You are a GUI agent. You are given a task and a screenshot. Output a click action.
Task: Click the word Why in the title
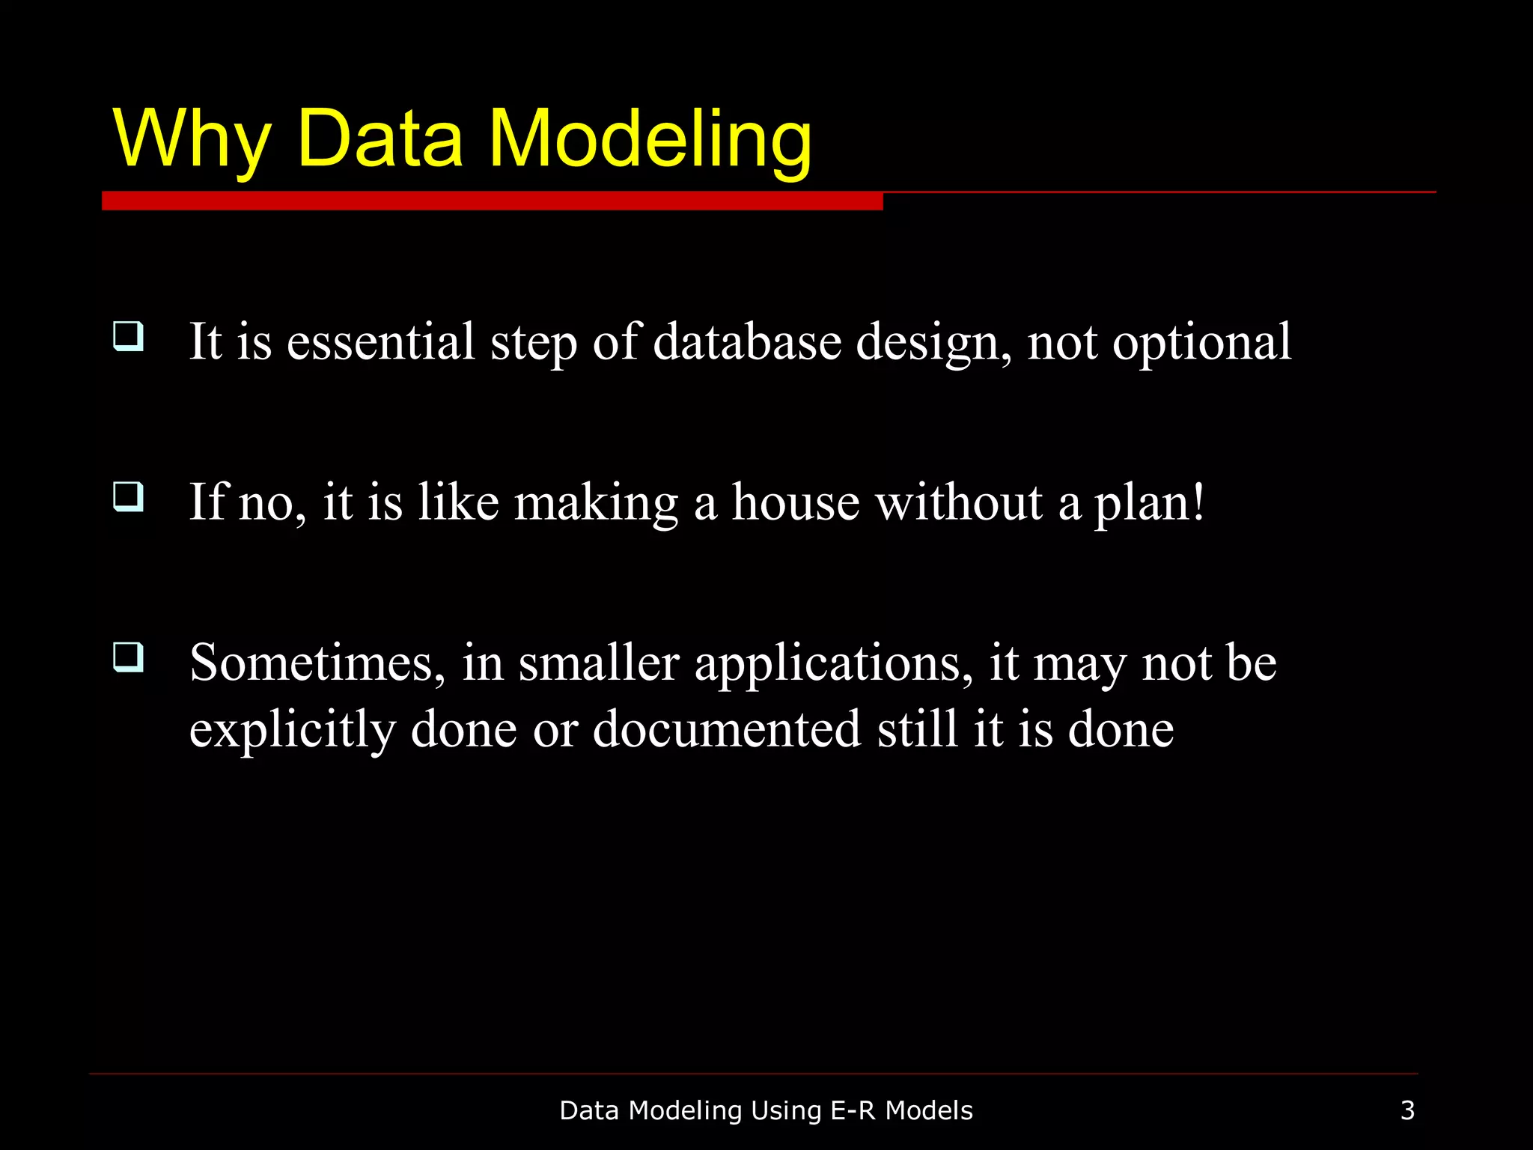[x=191, y=139]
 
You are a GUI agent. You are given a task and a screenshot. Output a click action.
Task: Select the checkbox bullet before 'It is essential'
[x=128, y=336]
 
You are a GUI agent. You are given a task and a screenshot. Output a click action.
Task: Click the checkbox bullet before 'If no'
[x=128, y=496]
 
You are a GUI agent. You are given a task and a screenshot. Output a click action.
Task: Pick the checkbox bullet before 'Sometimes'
[x=128, y=657]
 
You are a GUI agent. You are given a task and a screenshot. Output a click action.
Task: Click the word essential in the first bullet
[x=381, y=342]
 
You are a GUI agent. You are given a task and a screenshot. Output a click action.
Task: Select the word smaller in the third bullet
[x=599, y=663]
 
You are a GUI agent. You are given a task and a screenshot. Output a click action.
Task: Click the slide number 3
[x=1407, y=1110]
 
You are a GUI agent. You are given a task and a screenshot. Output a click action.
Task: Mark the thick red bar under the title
[x=492, y=201]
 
